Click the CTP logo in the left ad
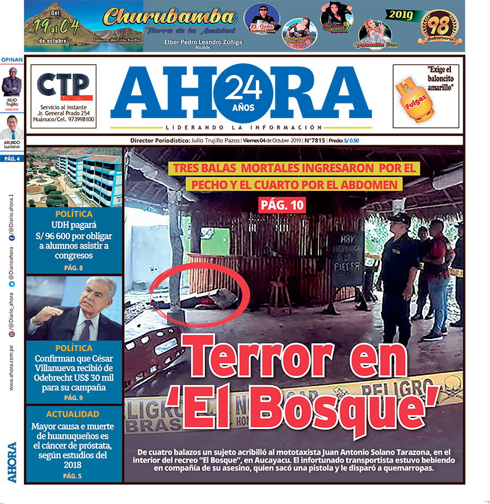(x=63, y=84)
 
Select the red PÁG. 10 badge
(x=281, y=205)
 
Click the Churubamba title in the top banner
(x=169, y=17)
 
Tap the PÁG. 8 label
(x=73, y=267)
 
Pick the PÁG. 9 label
(x=73, y=398)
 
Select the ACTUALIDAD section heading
(x=73, y=414)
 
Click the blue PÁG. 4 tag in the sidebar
(x=11, y=159)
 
